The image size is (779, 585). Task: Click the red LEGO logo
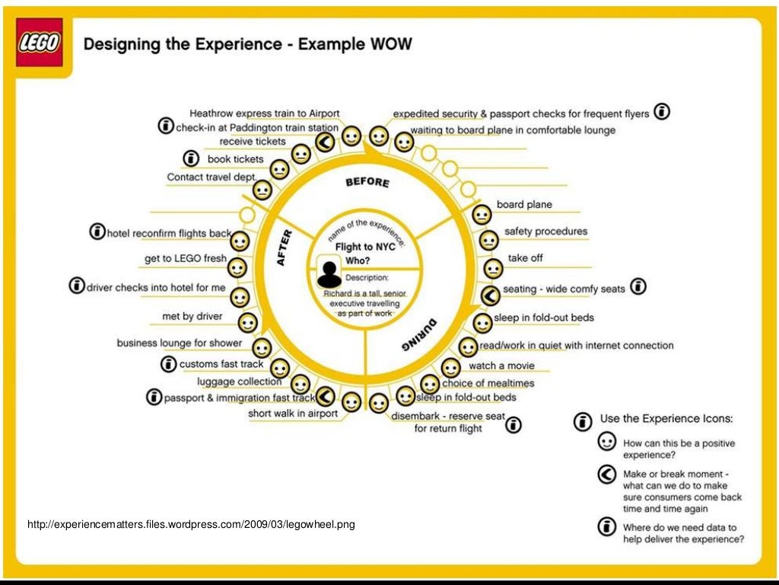coord(39,43)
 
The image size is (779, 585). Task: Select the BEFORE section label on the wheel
coord(367,182)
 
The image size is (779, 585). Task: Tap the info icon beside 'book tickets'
coord(191,159)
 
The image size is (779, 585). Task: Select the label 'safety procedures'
coord(545,232)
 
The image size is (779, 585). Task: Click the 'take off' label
coord(525,258)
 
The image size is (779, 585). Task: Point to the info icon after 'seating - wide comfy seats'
coord(639,287)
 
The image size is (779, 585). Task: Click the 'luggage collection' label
coord(240,382)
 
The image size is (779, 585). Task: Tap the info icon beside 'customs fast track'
coord(168,364)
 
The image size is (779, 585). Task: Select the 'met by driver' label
coord(192,316)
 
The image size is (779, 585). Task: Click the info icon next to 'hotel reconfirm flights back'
coord(97,231)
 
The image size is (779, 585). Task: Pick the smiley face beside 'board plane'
coord(482,215)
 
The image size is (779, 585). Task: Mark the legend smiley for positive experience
coord(606,442)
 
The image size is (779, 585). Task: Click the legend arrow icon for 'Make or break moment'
coord(606,475)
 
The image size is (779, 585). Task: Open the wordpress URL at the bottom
coord(191,525)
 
